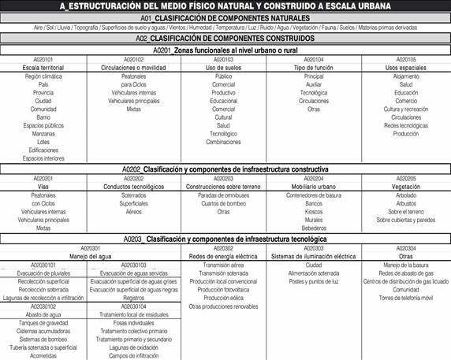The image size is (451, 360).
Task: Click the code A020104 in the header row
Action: click(x=314, y=59)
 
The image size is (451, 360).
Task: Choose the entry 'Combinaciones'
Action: click(x=224, y=142)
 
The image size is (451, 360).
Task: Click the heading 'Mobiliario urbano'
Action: click(x=314, y=187)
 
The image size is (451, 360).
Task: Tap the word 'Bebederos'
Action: click(x=314, y=228)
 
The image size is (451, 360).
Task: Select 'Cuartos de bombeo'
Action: click(x=224, y=203)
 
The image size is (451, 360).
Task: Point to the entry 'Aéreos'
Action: click(x=134, y=211)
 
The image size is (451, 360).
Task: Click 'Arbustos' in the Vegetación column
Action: click(x=406, y=203)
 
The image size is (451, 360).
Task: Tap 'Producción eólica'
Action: click(x=224, y=297)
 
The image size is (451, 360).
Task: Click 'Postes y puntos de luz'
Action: click(x=314, y=280)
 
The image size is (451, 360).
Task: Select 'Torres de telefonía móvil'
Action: click(x=406, y=297)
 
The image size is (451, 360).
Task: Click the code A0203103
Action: click(x=134, y=264)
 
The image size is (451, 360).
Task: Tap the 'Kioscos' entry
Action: click(x=314, y=211)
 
